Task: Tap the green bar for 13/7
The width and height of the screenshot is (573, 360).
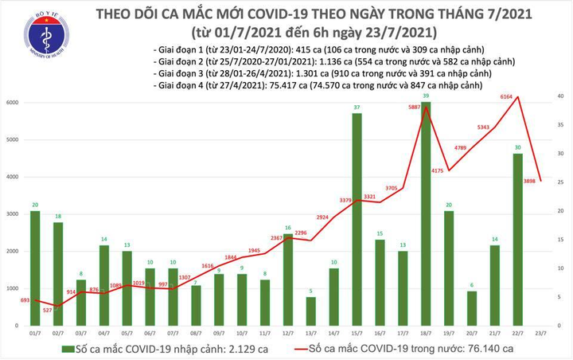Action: coord(312,312)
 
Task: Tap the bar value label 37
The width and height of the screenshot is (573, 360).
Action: coord(358,108)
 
